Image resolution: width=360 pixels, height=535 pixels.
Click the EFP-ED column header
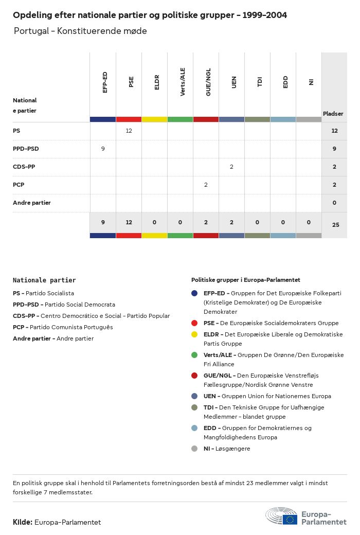click(105, 82)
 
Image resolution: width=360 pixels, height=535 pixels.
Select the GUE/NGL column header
click(208, 82)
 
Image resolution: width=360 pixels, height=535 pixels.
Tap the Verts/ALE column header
click(183, 82)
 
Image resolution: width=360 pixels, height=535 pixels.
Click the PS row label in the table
click(16, 131)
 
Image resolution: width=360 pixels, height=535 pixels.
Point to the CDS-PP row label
click(24, 167)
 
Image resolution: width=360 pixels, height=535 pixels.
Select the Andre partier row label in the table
click(32, 203)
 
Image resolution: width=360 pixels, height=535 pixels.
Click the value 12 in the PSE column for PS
click(129, 131)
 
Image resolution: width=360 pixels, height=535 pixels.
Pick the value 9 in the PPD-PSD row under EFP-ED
click(103, 149)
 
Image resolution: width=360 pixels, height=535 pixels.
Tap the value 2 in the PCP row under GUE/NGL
click(206, 185)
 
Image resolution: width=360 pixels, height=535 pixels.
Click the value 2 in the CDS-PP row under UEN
click(231, 167)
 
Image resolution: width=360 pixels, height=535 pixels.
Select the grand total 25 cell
click(335, 225)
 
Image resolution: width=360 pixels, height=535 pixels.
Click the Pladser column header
click(333, 114)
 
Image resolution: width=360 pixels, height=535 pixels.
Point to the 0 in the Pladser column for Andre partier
click(334, 203)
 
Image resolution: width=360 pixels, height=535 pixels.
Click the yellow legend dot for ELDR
click(194, 334)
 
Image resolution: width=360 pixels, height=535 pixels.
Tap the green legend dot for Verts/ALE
click(194, 355)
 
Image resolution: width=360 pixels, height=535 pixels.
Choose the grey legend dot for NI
click(194, 449)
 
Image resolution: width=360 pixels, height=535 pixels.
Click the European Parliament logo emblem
click(281, 516)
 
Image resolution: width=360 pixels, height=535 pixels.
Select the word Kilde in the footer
click(23, 522)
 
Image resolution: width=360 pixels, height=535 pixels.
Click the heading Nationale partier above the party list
click(44, 280)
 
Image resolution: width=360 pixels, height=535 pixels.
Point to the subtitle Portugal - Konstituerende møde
click(80, 31)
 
